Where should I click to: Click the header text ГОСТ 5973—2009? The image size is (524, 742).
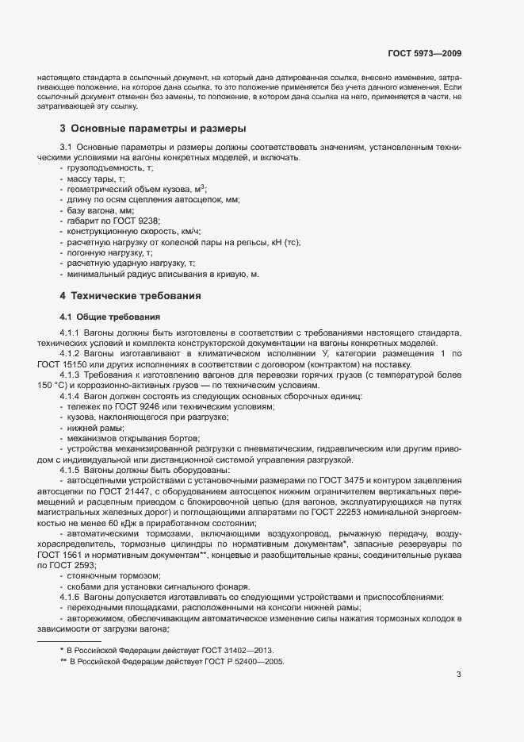pos(424,54)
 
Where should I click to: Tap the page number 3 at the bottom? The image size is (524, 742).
pos(458,675)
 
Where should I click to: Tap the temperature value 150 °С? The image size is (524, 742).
pos(54,386)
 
